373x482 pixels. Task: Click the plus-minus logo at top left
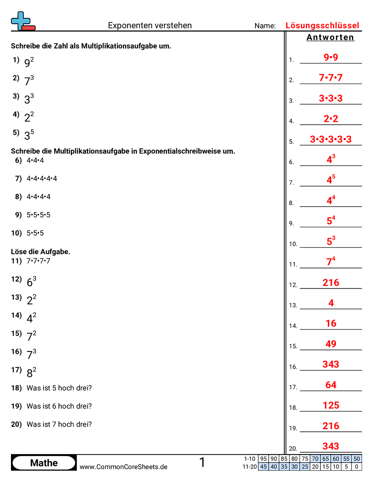click(22, 21)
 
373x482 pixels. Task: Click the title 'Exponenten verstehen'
click(150, 26)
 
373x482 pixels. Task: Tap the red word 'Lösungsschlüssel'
click(322, 26)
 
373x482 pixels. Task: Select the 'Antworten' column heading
click(330, 37)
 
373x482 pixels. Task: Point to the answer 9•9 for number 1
click(330, 58)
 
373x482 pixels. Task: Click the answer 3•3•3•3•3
click(330, 140)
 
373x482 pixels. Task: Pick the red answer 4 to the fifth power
click(330, 180)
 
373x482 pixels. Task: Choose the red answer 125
click(330, 405)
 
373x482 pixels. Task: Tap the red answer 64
click(330, 385)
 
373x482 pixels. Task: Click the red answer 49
click(330, 344)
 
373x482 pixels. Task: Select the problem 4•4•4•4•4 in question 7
click(42, 178)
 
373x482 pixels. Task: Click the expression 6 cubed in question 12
click(31, 282)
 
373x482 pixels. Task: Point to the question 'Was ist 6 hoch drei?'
click(59, 406)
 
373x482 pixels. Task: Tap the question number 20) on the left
click(16, 424)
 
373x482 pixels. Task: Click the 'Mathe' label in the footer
click(44, 463)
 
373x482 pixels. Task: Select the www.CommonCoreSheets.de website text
click(123, 466)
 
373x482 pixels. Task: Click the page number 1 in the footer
click(202, 462)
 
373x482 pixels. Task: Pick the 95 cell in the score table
click(263, 459)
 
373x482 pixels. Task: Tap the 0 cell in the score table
click(357, 466)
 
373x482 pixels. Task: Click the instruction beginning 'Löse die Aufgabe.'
click(40, 251)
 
